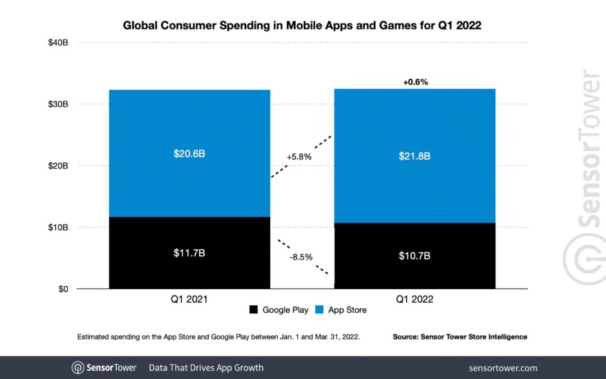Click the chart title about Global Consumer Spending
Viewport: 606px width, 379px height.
pos(302,25)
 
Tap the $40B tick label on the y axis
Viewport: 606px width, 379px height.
pos(58,43)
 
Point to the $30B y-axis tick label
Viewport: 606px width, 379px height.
pos(58,104)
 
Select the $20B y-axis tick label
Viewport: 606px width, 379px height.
pos(58,166)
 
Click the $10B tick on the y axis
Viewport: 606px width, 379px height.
pos(58,227)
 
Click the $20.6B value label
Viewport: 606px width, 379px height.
pos(189,153)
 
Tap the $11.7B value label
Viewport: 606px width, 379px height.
pos(189,253)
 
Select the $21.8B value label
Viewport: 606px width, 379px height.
pos(414,156)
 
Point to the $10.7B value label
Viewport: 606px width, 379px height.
pos(414,255)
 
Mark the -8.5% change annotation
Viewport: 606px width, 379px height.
pos(301,257)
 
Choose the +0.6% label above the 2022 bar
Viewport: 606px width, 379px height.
pos(415,82)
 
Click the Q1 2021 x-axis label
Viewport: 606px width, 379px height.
pos(189,300)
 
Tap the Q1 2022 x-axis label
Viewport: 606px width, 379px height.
pos(414,300)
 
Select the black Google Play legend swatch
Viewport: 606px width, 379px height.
pos(253,309)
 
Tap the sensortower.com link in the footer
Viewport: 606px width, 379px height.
pos(503,368)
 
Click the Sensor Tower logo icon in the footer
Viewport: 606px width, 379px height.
pos(78,368)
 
